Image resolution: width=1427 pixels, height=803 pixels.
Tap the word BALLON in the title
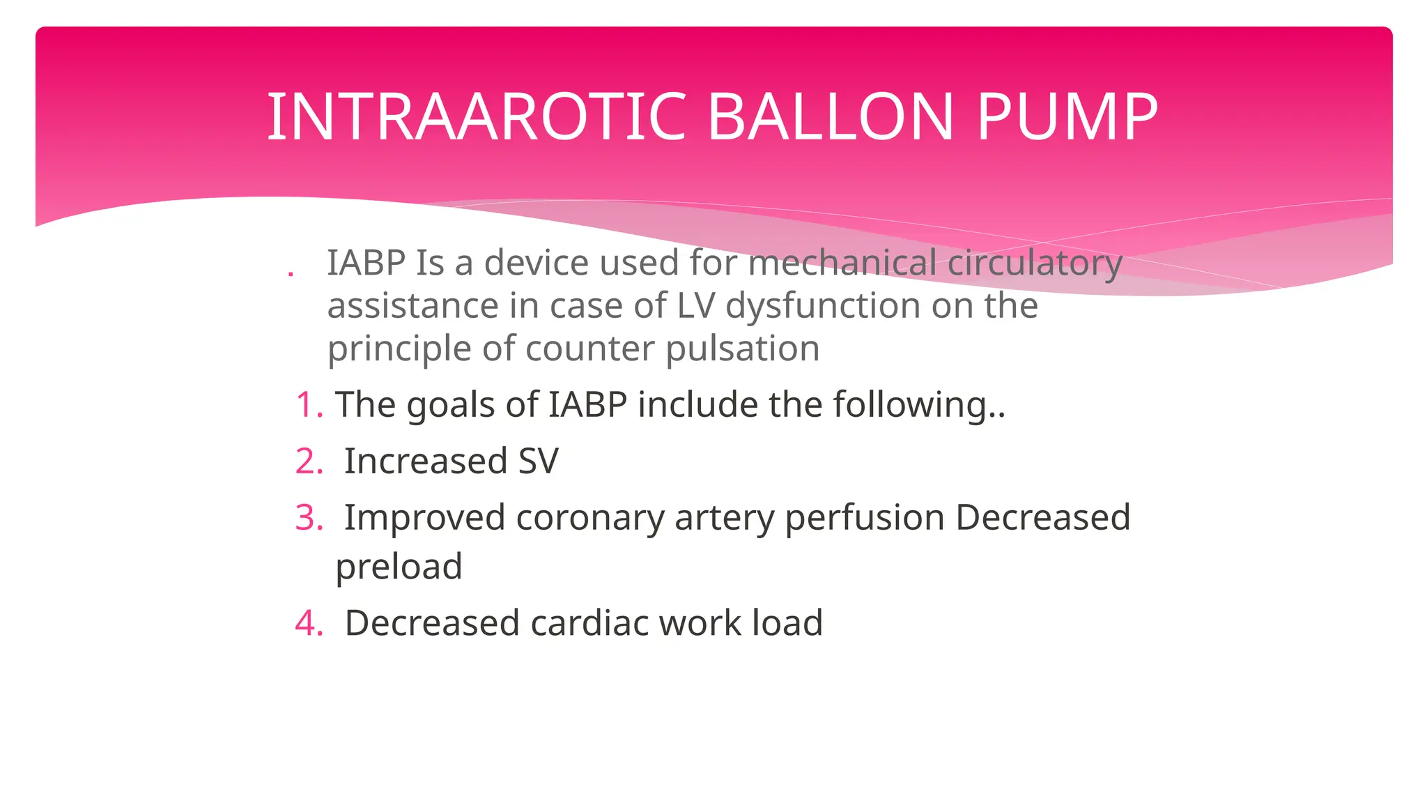pos(830,116)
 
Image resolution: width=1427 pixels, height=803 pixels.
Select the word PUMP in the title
pos(1067,116)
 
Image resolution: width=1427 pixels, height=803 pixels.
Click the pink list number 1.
pos(309,405)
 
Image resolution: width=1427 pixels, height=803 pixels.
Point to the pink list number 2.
pos(309,461)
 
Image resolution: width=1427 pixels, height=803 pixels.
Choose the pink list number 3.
pos(309,518)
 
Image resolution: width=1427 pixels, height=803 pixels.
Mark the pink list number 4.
pos(309,623)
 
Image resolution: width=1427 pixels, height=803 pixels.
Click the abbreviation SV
pos(538,461)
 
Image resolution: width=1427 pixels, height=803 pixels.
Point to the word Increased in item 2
pos(425,461)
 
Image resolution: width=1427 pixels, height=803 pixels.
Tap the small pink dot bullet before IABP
pos(291,274)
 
